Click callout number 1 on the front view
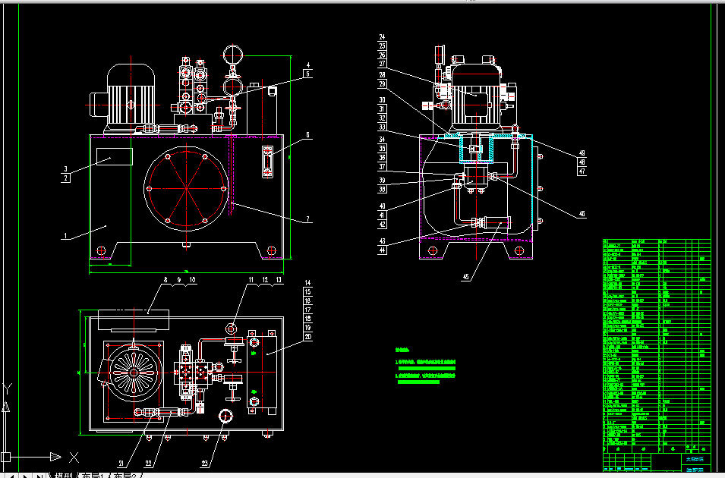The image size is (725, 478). point(65,236)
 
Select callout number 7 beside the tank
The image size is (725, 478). point(308,219)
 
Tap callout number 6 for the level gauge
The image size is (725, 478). point(308,135)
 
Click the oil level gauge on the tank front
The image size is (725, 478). point(267,162)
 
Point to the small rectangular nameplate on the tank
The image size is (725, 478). point(114,157)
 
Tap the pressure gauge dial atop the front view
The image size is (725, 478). point(233,55)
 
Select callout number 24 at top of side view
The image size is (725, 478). point(383,36)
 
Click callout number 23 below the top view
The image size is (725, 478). point(205,464)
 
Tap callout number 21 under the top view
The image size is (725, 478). point(121,464)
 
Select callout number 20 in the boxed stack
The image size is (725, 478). point(307,336)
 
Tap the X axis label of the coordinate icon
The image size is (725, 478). point(74,457)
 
